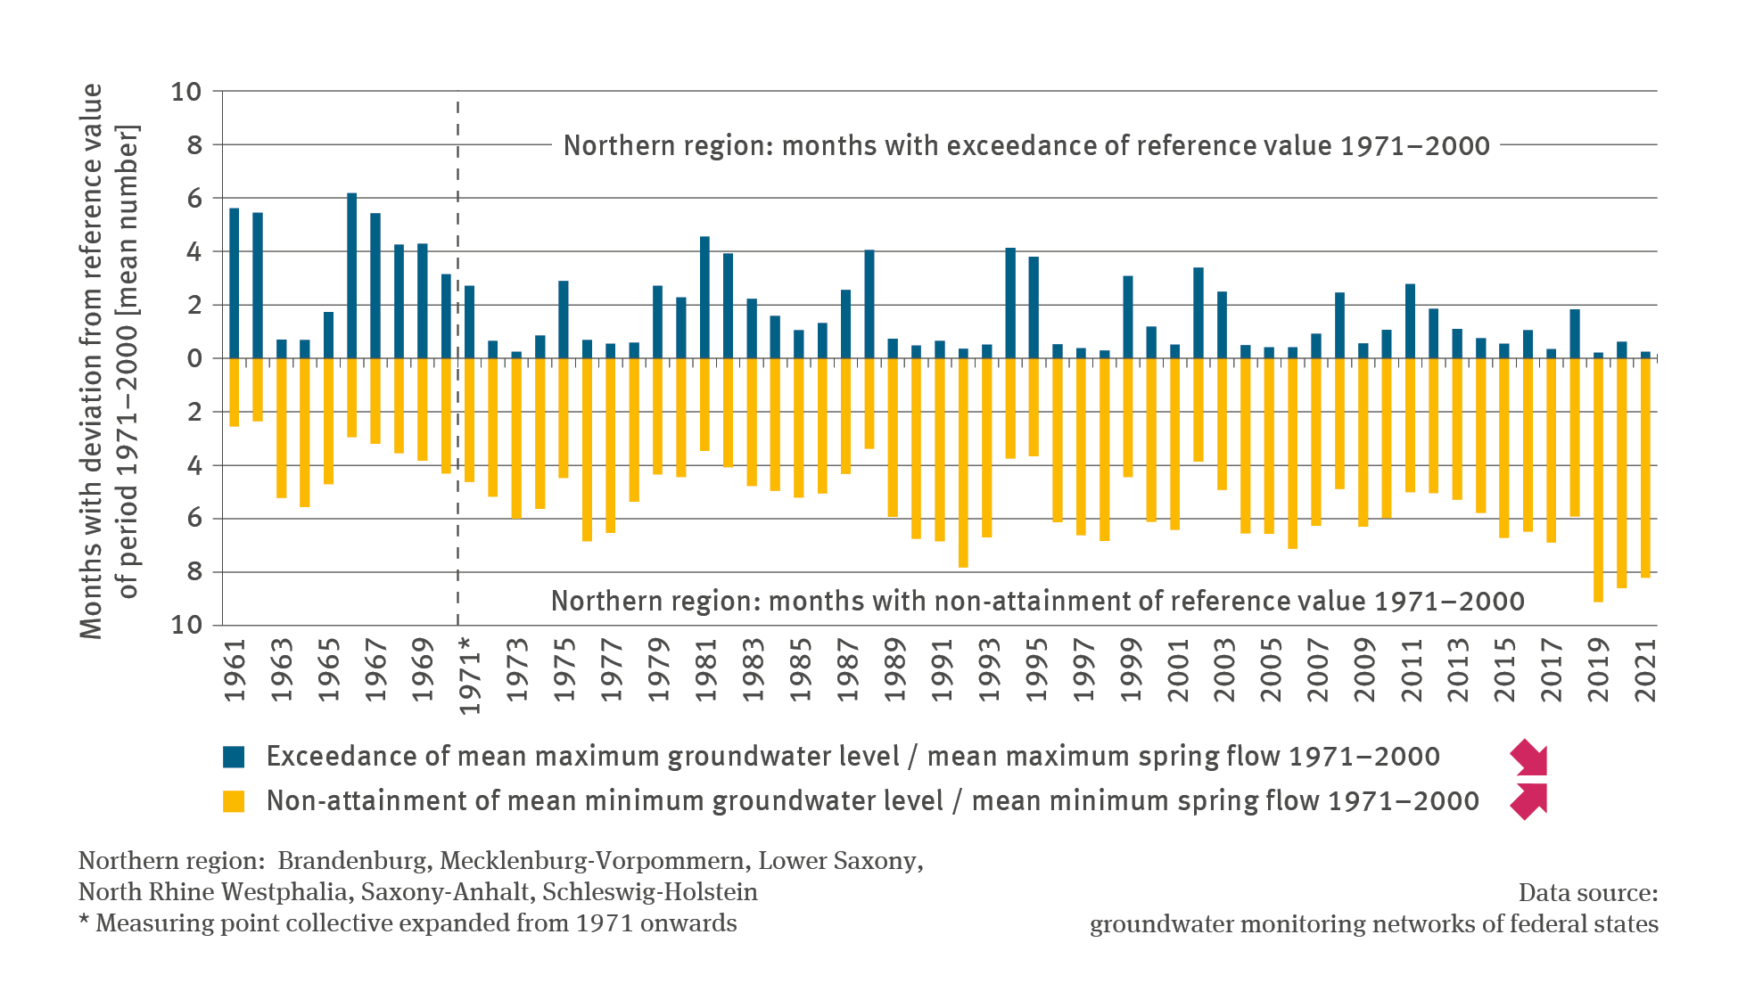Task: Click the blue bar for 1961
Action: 235,283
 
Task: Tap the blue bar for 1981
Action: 704,298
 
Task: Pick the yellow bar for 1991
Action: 940,449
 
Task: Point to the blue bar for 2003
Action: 1222,325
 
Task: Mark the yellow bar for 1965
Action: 328,421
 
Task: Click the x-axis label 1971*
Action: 470,676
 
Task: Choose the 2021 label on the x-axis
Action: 1646,670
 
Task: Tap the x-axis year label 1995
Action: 1035,670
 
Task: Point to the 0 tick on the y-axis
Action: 194,358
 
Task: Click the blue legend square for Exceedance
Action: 234,757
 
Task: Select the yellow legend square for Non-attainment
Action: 234,801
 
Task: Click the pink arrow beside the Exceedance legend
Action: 1528,758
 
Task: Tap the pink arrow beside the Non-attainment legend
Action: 1528,800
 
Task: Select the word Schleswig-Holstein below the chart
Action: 649,892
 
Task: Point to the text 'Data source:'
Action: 1587,892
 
